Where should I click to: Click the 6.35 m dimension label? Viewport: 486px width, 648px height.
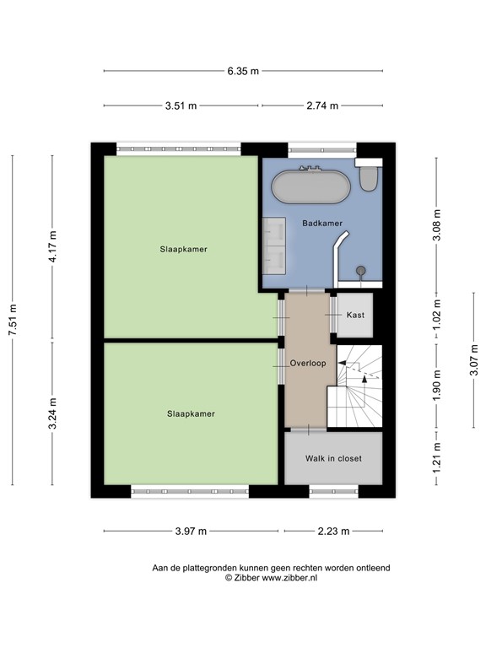pos(243,71)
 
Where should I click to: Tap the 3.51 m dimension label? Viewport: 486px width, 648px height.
pos(181,105)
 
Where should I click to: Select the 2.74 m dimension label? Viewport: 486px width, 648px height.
pos(322,105)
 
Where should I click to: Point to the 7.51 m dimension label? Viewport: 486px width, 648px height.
pos(13,320)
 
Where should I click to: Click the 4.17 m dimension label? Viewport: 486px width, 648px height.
pos(52,246)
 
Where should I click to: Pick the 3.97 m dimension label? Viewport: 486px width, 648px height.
pos(191,531)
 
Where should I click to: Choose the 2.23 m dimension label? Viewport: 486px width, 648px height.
pos(333,531)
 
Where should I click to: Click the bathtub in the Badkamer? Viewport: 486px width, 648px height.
pos(310,186)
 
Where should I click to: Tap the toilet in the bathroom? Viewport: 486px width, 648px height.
pos(369,174)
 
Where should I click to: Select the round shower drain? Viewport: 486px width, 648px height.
pos(361,271)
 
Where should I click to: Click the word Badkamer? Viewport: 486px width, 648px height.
pos(322,223)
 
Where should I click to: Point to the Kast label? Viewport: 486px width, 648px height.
pos(355,315)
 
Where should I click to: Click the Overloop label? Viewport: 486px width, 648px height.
pos(308,364)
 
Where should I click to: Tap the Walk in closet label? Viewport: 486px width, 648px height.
pos(333,458)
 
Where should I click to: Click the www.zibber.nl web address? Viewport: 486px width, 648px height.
pos(289,578)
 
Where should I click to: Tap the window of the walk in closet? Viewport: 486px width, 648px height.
pos(334,491)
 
